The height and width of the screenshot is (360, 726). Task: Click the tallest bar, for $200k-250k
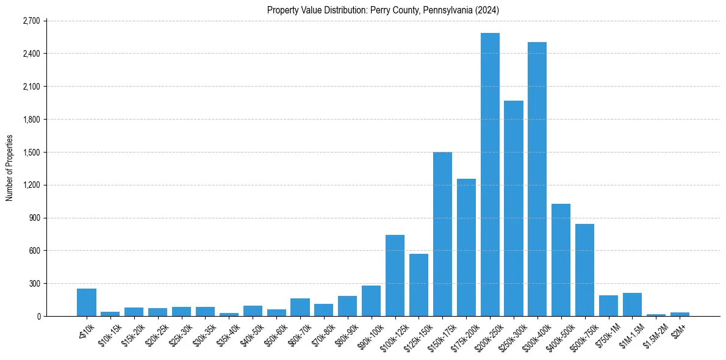[490, 177]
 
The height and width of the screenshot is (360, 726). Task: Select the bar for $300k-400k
[537, 180]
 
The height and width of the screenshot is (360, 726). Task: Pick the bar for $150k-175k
[442, 235]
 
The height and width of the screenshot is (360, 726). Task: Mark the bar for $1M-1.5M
[632, 304]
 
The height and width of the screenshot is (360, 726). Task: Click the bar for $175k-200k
[466, 248]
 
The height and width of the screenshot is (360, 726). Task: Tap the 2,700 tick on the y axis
[31, 21]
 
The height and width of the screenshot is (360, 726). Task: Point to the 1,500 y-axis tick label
[31, 152]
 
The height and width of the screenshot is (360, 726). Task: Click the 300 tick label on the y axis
[34, 283]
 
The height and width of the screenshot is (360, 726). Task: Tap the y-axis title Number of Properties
[9, 168]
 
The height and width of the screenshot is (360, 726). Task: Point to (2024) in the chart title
[488, 10]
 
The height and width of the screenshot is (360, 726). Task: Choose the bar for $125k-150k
[419, 286]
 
